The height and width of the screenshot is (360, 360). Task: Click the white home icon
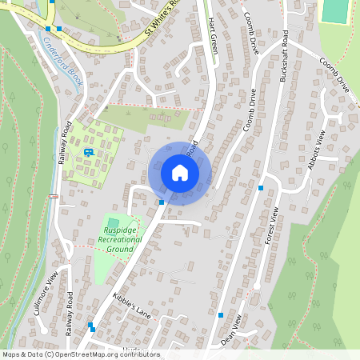coord(180,173)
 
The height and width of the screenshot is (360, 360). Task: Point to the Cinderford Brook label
coord(64,55)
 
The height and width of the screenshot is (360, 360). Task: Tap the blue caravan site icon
coord(88,151)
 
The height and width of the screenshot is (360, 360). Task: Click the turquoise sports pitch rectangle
coord(336,10)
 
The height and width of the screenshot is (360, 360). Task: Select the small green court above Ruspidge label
coord(113,222)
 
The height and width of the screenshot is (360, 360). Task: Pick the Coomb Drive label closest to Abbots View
coord(332,75)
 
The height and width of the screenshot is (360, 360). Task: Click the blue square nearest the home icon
coord(162,202)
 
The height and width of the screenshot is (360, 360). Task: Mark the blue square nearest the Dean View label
coord(221,315)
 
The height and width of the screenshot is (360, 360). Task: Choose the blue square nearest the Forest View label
coord(261,188)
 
